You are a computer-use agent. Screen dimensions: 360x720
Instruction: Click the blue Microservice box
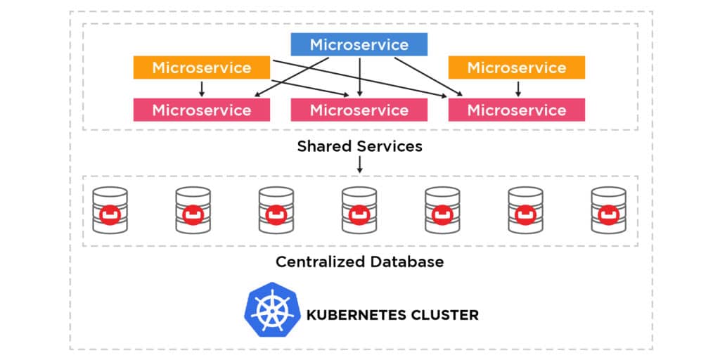359,45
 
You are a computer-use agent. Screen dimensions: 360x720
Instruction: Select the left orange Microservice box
202,67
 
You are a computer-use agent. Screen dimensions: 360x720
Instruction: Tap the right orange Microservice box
517,67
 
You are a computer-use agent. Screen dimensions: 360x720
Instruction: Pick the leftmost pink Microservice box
202,110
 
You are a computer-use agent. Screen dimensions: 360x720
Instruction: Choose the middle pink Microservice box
359,110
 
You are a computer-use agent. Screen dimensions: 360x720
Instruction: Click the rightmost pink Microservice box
517,110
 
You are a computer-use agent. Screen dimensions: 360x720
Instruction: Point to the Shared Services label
359,146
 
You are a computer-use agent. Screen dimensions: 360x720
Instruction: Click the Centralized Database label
359,262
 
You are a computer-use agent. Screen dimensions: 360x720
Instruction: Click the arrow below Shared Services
360,165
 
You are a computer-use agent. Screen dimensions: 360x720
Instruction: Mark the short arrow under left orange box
202,89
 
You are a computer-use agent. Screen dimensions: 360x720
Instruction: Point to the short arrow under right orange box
518,89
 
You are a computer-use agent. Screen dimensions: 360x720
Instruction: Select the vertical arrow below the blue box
360,77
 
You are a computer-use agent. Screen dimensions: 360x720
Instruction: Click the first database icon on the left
110,210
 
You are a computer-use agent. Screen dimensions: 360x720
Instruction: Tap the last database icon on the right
608,210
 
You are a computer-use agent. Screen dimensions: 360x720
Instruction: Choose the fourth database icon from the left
359,210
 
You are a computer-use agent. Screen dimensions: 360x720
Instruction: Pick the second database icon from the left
193,210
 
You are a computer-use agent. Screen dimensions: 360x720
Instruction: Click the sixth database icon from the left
525,210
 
